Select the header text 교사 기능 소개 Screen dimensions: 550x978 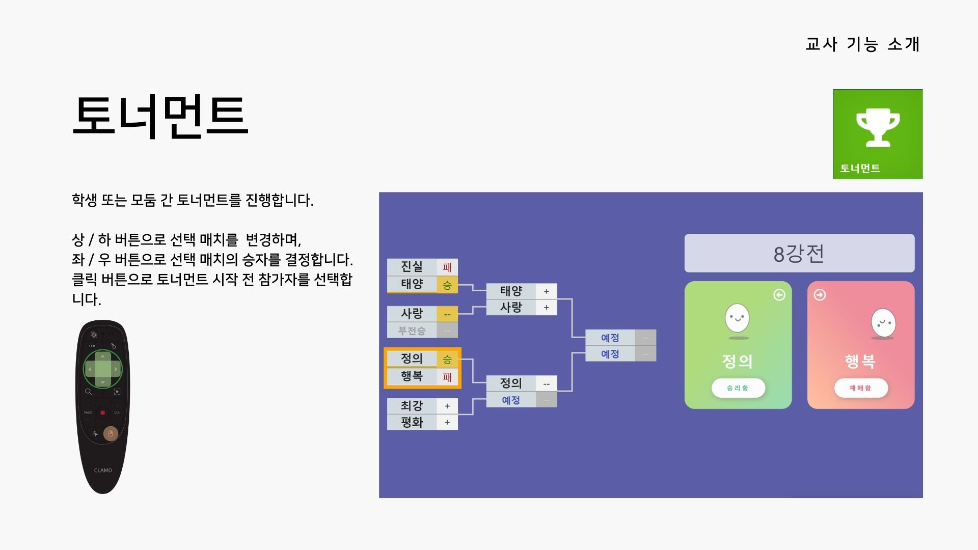click(x=862, y=44)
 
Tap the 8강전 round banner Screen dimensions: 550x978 click(x=799, y=253)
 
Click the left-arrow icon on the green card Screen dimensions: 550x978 click(x=779, y=295)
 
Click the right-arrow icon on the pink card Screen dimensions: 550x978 click(x=820, y=295)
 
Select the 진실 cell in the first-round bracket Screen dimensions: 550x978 click(x=412, y=266)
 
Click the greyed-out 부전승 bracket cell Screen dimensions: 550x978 click(x=412, y=331)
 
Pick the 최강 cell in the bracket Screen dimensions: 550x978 click(x=412, y=406)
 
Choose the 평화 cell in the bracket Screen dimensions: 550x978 click(x=412, y=422)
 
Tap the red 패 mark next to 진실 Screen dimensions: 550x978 click(x=447, y=267)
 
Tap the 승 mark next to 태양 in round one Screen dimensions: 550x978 click(x=447, y=285)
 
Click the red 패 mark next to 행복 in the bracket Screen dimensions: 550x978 click(x=447, y=377)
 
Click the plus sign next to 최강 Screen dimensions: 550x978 click(x=447, y=406)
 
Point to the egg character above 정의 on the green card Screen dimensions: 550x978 click(x=737, y=318)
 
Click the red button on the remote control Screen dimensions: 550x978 click(x=102, y=413)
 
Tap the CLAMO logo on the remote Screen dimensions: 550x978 click(x=103, y=471)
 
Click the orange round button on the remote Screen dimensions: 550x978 click(x=111, y=434)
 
